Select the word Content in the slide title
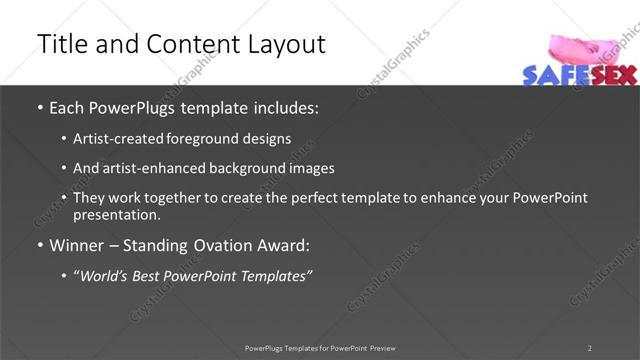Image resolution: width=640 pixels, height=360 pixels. pyautogui.click(x=187, y=44)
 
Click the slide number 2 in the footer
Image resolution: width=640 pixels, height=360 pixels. pyautogui.click(x=589, y=348)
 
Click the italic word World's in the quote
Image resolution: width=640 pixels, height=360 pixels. pyautogui.click(x=106, y=275)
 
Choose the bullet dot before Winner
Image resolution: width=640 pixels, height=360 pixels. pyautogui.click(x=39, y=245)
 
